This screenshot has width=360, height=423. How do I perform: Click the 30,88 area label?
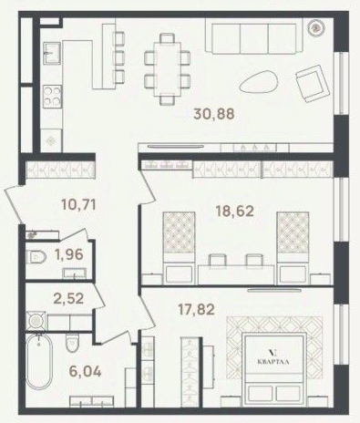(x=214, y=114)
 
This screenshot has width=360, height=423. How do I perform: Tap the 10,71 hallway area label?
(x=78, y=204)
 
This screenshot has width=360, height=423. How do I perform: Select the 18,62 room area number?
(x=234, y=211)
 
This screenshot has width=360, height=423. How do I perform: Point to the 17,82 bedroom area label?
(x=196, y=309)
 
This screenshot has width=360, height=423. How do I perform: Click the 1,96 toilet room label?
(x=69, y=254)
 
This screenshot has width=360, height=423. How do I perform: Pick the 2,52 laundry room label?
(x=68, y=298)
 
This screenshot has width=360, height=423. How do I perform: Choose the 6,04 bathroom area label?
(x=85, y=371)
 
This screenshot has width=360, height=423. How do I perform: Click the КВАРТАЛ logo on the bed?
(x=273, y=358)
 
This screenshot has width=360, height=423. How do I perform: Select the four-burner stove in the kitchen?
(x=52, y=97)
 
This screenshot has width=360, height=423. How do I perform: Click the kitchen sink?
(x=52, y=53)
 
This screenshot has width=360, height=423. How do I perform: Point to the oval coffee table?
(x=258, y=81)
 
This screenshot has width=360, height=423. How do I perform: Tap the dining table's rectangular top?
(x=167, y=69)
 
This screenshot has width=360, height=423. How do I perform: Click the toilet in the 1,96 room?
(x=36, y=257)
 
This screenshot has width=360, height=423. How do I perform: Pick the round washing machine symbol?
(x=36, y=321)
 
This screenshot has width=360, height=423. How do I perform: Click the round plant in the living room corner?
(x=316, y=28)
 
